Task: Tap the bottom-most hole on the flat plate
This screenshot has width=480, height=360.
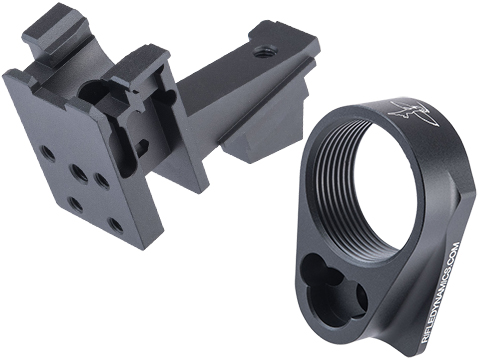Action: pyautogui.click(x=116, y=225)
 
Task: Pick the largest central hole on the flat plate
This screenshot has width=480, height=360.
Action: pyautogui.click(x=79, y=173)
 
